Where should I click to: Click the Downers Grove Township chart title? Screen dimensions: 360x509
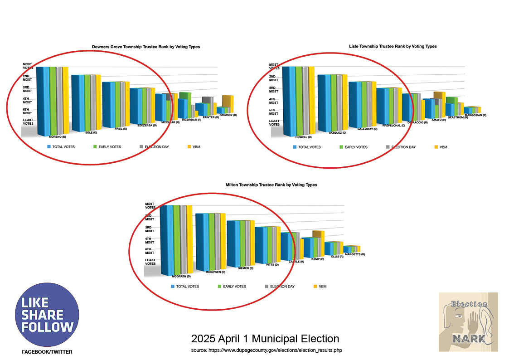tap(145, 47)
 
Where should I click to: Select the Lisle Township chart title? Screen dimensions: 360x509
tap(393, 46)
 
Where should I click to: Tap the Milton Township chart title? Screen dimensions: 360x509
tap(271, 185)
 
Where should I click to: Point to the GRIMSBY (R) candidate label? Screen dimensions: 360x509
tap(228, 115)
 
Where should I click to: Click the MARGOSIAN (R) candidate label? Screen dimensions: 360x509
tap(475, 115)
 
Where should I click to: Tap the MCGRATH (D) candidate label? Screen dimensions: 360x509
tap(181, 276)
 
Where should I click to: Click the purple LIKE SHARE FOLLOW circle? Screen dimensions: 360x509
tap(47, 315)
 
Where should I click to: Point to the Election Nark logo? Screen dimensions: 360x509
tap(468, 322)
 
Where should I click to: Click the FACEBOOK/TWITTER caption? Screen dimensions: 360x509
tap(47, 352)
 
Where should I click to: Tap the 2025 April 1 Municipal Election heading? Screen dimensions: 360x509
tap(265, 339)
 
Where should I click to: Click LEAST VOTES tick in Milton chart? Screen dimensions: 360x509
tap(150, 262)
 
